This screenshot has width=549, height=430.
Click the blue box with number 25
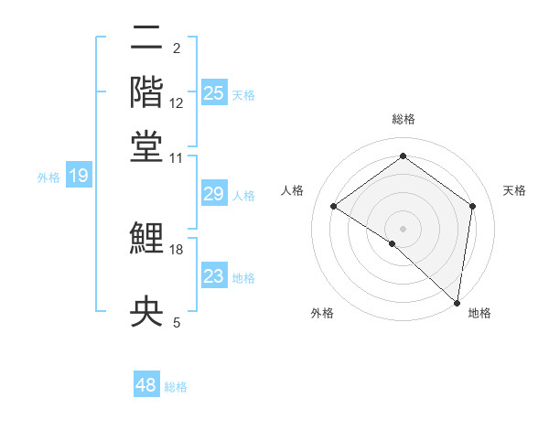tap(214, 92)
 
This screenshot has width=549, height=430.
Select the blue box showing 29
tap(213, 194)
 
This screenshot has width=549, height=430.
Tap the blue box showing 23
tap(213, 276)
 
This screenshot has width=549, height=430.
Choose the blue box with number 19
tap(79, 176)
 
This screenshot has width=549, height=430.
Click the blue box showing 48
tap(146, 385)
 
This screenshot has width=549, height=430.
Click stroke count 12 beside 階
tap(177, 102)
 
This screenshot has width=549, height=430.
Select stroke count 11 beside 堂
tap(177, 157)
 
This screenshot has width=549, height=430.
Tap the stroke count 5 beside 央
tap(177, 321)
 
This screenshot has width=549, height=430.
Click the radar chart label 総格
tap(403, 120)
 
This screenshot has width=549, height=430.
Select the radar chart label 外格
tap(322, 313)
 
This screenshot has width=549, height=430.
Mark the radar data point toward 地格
tap(457, 303)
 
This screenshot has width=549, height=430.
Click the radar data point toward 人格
tap(334, 207)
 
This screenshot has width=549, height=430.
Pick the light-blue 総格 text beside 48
tap(176, 387)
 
